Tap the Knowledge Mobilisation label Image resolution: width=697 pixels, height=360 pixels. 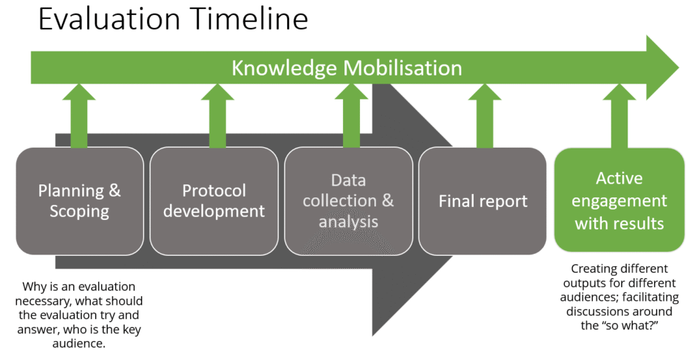[346, 68]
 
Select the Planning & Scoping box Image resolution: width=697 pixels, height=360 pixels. [80, 201]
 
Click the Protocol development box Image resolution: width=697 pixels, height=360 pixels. [214, 201]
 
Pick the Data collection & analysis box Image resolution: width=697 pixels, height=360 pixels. [348, 201]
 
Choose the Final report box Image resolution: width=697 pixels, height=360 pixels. [483, 201]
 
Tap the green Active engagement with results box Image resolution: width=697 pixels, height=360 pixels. [619, 200]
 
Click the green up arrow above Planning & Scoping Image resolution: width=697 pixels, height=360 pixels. [79, 116]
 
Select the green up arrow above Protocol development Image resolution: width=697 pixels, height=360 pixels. [217, 116]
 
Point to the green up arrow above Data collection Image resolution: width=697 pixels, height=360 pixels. [351, 116]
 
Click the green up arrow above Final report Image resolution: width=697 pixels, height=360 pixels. [485, 116]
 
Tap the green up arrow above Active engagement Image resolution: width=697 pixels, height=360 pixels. [619, 116]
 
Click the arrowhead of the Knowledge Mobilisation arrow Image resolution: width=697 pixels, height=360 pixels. [662, 68]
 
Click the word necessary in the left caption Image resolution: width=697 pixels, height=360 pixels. [43, 301]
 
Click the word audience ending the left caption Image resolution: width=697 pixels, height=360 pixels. [78, 344]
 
